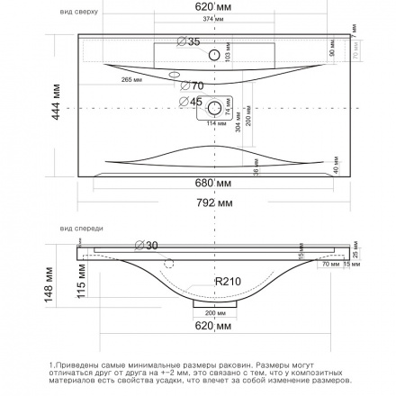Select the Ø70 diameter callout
click(x=193, y=85)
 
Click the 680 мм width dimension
click(x=208, y=183)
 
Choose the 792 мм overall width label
click(x=208, y=203)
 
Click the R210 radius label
click(x=229, y=282)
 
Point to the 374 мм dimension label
click(x=211, y=18)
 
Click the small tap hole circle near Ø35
click(x=213, y=56)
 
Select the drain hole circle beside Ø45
click(x=215, y=108)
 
